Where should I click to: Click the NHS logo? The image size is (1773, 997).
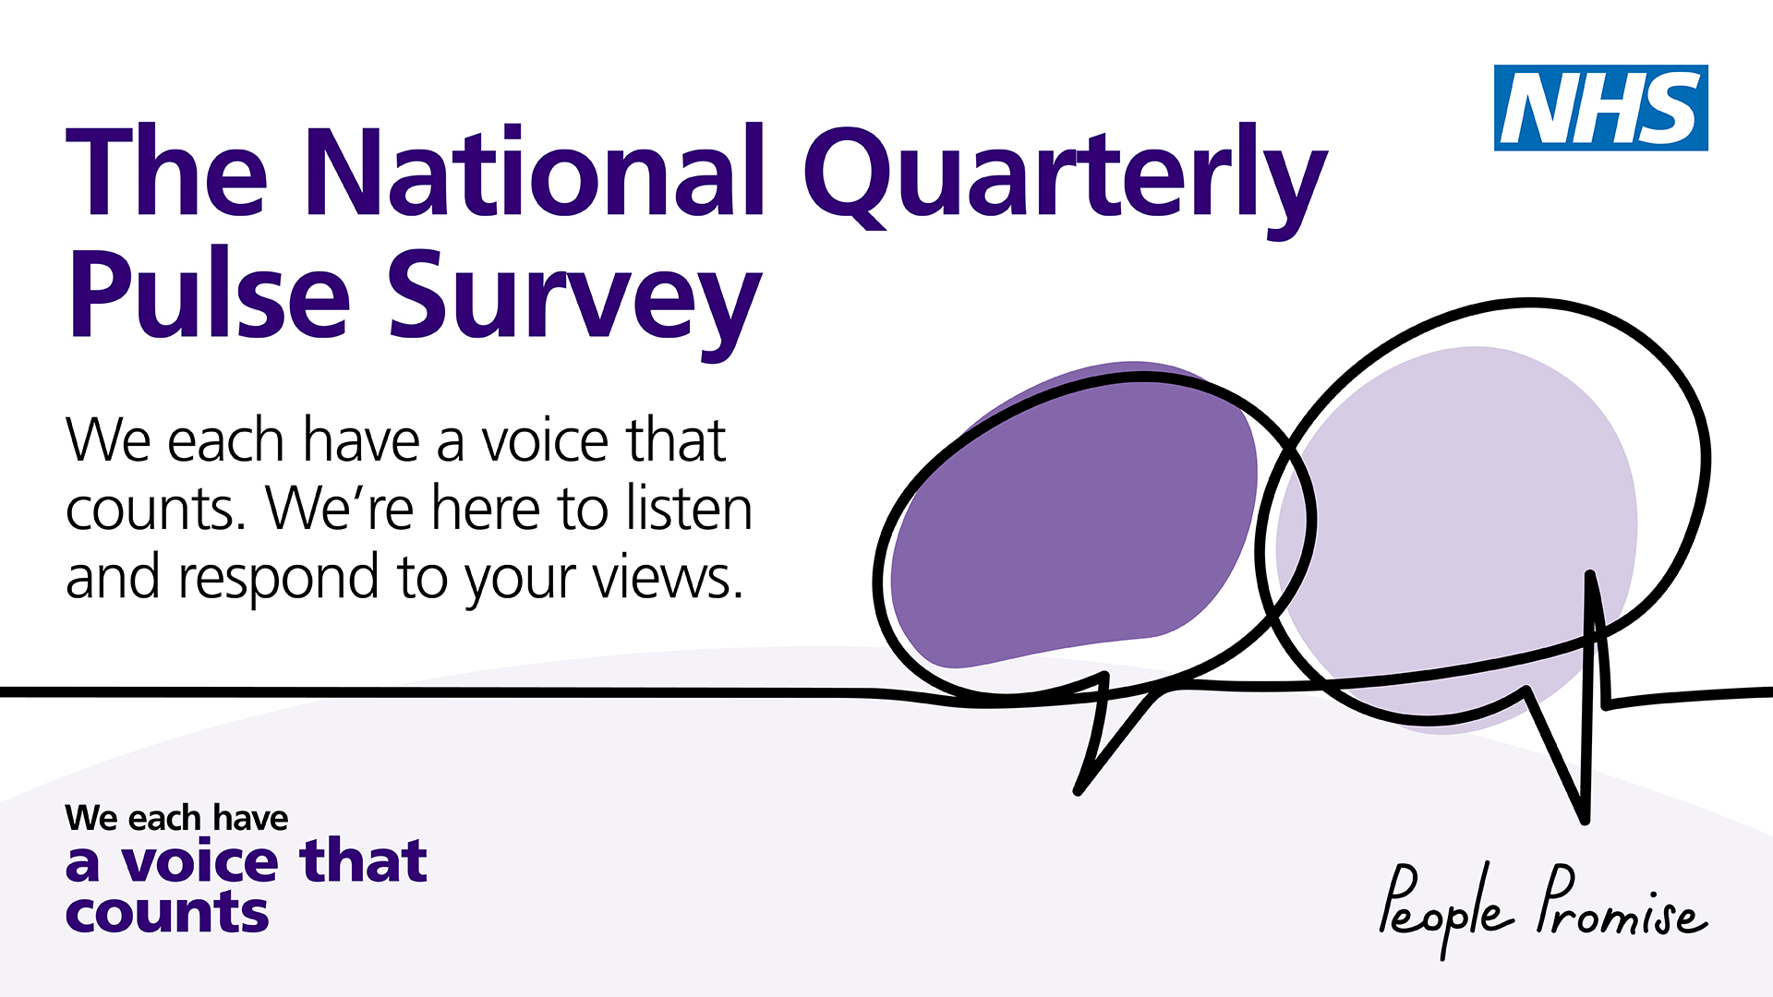1601,108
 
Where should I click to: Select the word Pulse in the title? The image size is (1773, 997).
209,294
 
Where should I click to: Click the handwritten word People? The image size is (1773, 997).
1446,909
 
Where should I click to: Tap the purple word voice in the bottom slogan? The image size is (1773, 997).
199,861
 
